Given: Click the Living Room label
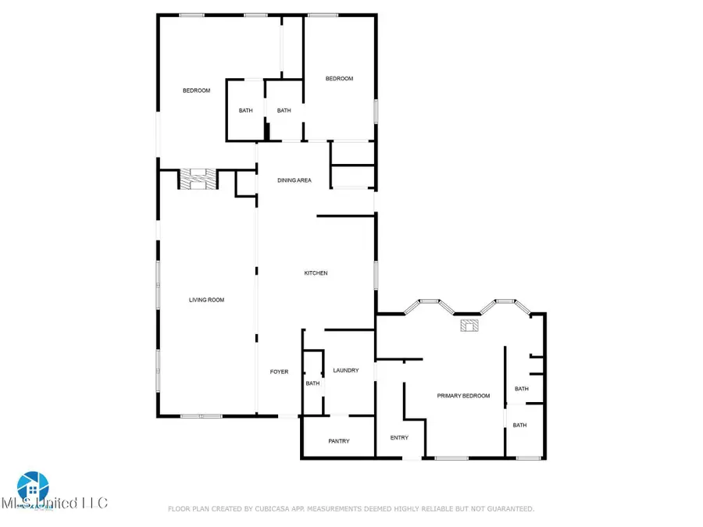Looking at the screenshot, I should pos(207,300).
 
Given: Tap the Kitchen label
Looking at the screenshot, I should pos(316,273).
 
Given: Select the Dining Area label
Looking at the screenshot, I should pos(294,180).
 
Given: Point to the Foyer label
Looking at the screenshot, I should pos(279,372).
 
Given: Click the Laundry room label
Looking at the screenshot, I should pos(345,370).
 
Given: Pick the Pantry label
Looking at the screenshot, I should pos(339,441).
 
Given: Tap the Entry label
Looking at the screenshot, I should pos(399,437).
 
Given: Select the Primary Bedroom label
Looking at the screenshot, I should pos(463,396).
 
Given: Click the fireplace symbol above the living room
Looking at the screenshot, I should pos(195,179).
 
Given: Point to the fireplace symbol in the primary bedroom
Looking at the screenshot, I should pos(470,326).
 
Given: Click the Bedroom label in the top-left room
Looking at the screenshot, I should pos(196,91).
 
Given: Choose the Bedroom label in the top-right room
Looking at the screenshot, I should pos(339,78).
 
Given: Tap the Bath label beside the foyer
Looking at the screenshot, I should pos(312,383).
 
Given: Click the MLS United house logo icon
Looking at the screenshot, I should pos(33,486).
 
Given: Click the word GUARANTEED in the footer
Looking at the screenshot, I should pos(506,509).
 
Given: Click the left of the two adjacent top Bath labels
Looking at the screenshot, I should pos(245,111).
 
